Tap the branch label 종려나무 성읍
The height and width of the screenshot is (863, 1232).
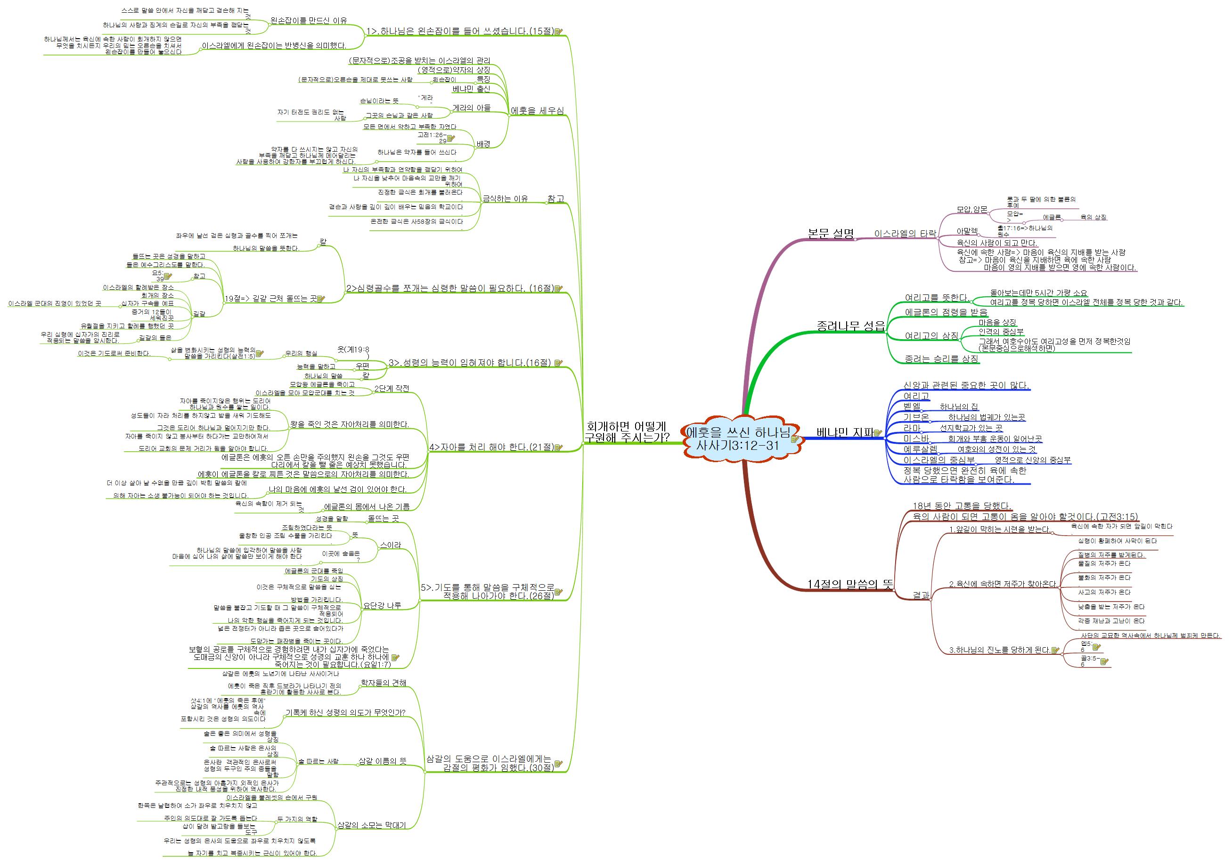click(x=850, y=326)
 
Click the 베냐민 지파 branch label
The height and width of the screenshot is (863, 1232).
click(x=845, y=432)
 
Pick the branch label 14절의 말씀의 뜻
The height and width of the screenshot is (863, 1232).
click(x=849, y=584)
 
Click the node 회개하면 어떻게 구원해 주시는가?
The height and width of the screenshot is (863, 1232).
click(x=626, y=432)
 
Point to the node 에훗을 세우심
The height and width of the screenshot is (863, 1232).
click(x=537, y=111)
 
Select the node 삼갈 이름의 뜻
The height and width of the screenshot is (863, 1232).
click(x=382, y=761)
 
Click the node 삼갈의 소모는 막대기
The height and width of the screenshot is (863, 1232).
click(x=371, y=825)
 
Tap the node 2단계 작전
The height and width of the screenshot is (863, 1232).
click(x=391, y=388)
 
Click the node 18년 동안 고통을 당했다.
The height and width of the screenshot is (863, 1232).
click(x=962, y=506)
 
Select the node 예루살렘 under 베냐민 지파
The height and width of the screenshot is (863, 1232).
click(x=920, y=449)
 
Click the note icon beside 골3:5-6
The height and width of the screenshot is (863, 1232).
click(x=1104, y=662)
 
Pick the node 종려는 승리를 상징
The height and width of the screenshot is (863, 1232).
click(x=941, y=359)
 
